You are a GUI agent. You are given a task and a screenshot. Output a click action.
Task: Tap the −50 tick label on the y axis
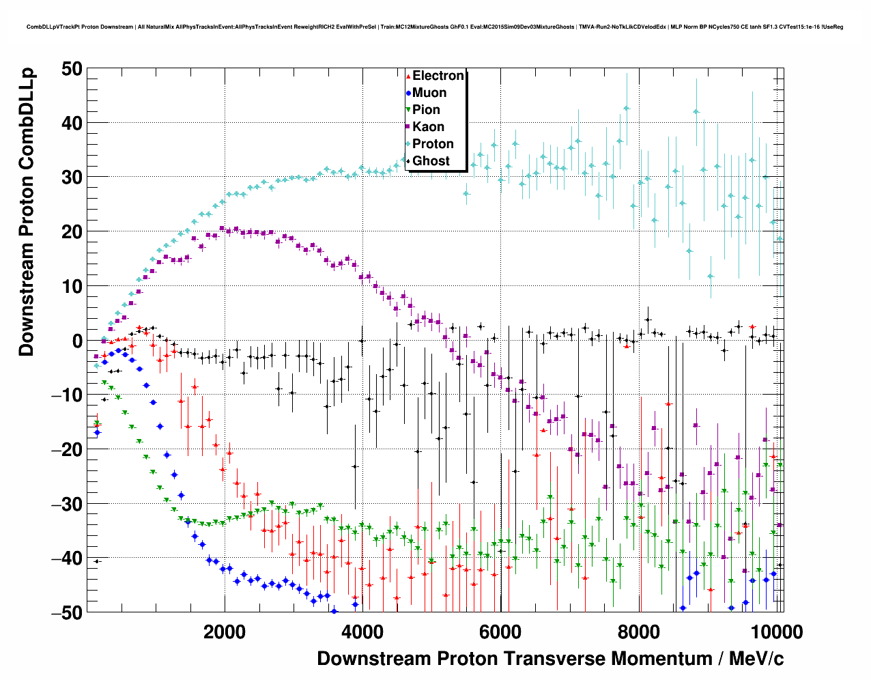click(66, 612)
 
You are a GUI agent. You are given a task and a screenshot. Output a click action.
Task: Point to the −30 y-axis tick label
click(66, 504)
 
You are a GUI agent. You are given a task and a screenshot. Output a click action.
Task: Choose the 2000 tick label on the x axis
click(223, 632)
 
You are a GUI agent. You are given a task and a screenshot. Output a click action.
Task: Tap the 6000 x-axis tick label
click(500, 632)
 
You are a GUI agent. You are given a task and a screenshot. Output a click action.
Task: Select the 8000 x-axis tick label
click(639, 632)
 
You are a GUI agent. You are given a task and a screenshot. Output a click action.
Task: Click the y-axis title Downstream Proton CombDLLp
click(26, 212)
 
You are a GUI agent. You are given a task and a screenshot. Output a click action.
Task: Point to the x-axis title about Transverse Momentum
click(550, 659)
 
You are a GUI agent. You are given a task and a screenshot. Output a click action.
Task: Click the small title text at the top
click(435, 27)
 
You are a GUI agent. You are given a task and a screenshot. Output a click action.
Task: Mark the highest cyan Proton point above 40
click(626, 108)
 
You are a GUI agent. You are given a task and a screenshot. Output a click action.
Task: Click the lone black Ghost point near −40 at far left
click(97, 561)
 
